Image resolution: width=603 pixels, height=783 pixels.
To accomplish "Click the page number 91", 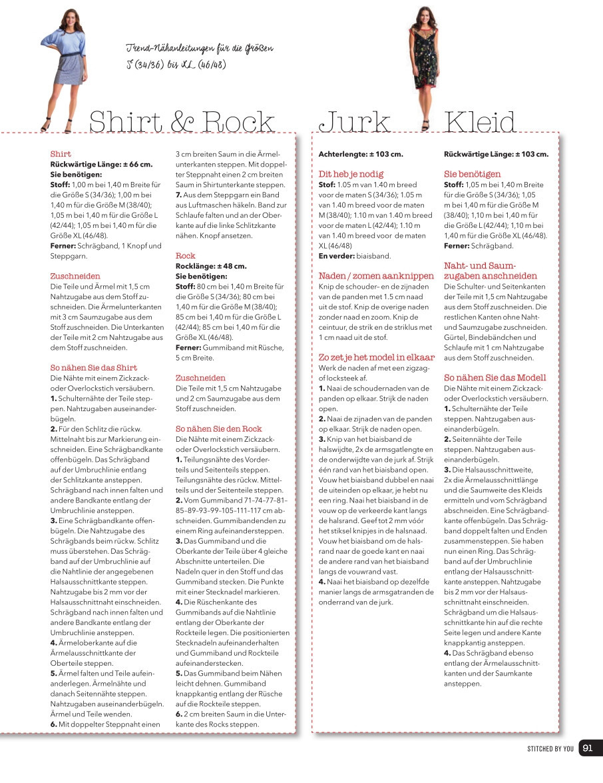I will click(x=588, y=748).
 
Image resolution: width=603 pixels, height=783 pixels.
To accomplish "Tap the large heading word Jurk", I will click(x=354, y=123).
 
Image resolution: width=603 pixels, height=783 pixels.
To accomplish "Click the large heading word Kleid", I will click(x=480, y=123).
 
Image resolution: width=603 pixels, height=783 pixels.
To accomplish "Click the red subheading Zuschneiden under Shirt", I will click(x=75, y=275).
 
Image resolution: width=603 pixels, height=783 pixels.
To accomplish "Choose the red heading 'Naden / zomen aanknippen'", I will click(x=375, y=275).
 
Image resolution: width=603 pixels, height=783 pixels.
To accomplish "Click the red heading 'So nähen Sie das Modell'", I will click(x=495, y=377).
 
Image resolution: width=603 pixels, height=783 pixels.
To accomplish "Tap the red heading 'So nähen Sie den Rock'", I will click(x=219, y=428).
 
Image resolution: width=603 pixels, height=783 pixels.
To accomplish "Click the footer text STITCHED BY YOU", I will click(x=550, y=748).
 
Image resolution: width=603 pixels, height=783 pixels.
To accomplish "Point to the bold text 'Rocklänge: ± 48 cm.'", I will click(x=211, y=266).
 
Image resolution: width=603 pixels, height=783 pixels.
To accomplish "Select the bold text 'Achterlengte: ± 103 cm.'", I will click(x=361, y=154).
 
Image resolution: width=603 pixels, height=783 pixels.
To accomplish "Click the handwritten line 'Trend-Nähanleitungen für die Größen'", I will click(x=200, y=49).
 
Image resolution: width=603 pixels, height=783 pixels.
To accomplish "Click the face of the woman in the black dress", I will click(x=424, y=14).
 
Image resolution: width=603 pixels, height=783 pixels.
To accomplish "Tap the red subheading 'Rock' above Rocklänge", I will click(x=185, y=255).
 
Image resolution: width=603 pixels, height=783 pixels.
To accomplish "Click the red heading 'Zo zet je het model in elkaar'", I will click(x=377, y=357).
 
